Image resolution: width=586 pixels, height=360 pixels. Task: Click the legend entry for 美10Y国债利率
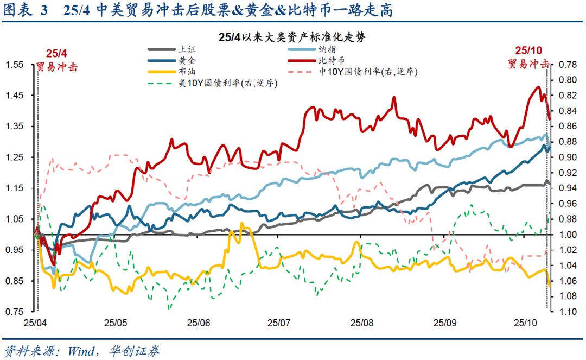228,83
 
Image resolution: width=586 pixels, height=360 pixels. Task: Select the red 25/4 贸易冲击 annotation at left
56,60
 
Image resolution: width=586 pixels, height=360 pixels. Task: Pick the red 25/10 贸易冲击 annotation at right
528,57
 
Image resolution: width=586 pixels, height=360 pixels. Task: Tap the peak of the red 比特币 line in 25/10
538,87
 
